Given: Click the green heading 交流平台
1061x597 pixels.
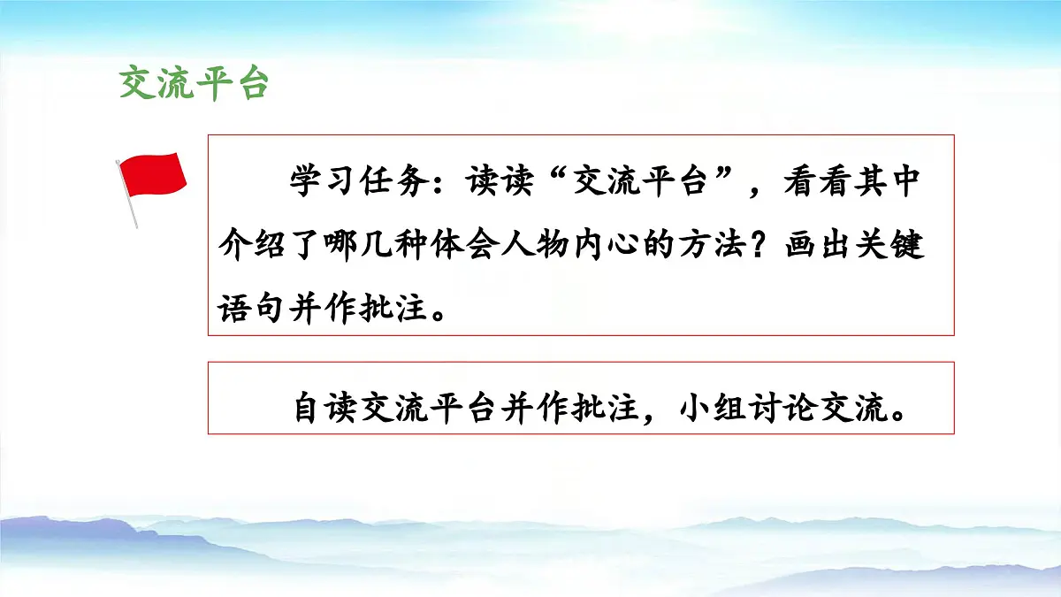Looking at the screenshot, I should [x=194, y=83].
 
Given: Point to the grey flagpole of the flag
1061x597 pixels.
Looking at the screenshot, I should [x=128, y=200].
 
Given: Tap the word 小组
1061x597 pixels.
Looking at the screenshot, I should [x=715, y=410].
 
